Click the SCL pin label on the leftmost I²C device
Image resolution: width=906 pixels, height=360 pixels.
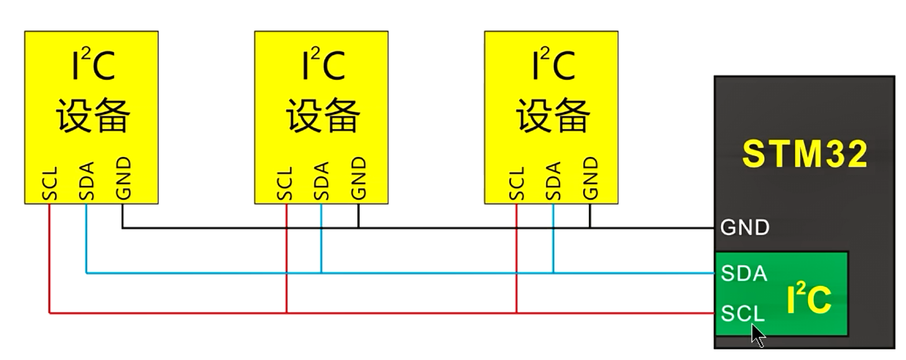coord(50,184)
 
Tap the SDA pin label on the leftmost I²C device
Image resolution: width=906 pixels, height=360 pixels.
coord(86,181)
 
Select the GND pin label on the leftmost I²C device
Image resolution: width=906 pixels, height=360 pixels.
coord(123,179)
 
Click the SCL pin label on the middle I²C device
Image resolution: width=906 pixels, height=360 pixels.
coord(285,184)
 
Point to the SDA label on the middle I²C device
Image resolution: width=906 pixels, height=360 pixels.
coord(321,181)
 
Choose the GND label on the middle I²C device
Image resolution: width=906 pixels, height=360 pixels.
coord(359,179)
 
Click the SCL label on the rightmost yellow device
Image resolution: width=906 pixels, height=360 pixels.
coord(516,184)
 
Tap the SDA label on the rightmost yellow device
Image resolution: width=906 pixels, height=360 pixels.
coord(553,181)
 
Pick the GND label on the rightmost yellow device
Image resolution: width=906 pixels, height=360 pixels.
coord(590,179)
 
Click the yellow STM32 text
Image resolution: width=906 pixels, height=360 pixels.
coord(805,153)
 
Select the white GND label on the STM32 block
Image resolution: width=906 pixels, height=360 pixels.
coord(745,227)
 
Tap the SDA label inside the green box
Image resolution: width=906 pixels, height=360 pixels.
coord(744,273)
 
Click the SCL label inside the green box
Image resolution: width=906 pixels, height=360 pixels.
coord(743,313)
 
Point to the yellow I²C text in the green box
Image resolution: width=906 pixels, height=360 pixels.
coord(809,299)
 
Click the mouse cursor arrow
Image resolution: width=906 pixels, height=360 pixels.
coord(758,336)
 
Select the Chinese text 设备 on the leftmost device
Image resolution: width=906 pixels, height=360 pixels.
coord(93,116)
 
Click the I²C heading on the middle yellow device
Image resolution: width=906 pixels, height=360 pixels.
coord(323,64)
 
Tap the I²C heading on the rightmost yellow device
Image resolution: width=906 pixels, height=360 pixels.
coord(553,64)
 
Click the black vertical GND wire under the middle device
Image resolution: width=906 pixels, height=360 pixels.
coord(359,216)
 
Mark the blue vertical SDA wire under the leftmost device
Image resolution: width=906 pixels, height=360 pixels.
coord(86,239)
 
